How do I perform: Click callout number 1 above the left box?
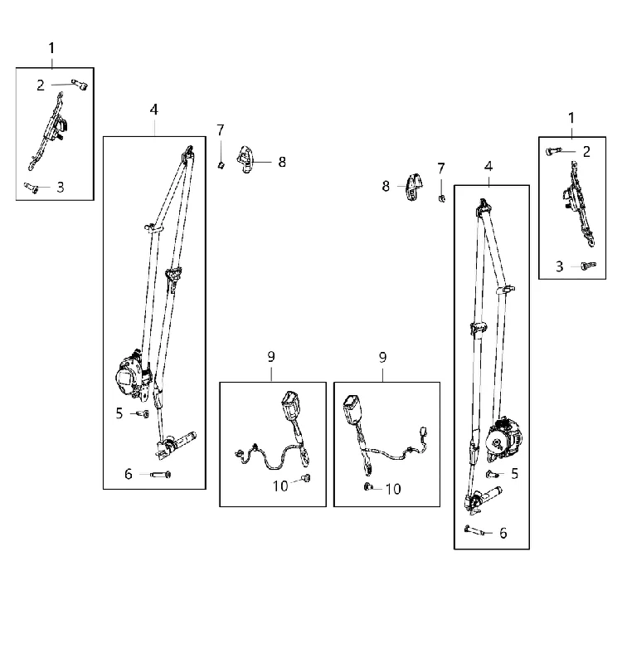(51, 48)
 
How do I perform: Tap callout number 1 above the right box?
(571, 118)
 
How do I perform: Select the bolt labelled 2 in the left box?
(80, 85)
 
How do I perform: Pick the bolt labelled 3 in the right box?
(589, 266)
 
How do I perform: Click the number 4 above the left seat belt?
(154, 110)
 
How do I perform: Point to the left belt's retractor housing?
(133, 375)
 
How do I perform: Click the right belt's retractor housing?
(503, 441)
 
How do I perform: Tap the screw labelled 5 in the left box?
(143, 413)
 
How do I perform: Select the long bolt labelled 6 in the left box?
(161, 474)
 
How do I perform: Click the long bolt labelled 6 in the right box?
(474, 530)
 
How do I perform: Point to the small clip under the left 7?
(221, 164)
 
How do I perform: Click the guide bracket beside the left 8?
(245, 159)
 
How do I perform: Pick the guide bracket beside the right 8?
(413, 188)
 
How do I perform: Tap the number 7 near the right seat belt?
(441, 168)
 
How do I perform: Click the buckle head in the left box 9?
(289, 402)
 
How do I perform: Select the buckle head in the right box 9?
(352, 408)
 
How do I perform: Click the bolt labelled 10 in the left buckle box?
(305, 478)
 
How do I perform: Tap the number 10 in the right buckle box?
(393, 489)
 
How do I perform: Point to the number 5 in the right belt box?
(514, 473)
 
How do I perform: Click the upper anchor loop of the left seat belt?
(188, 154)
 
